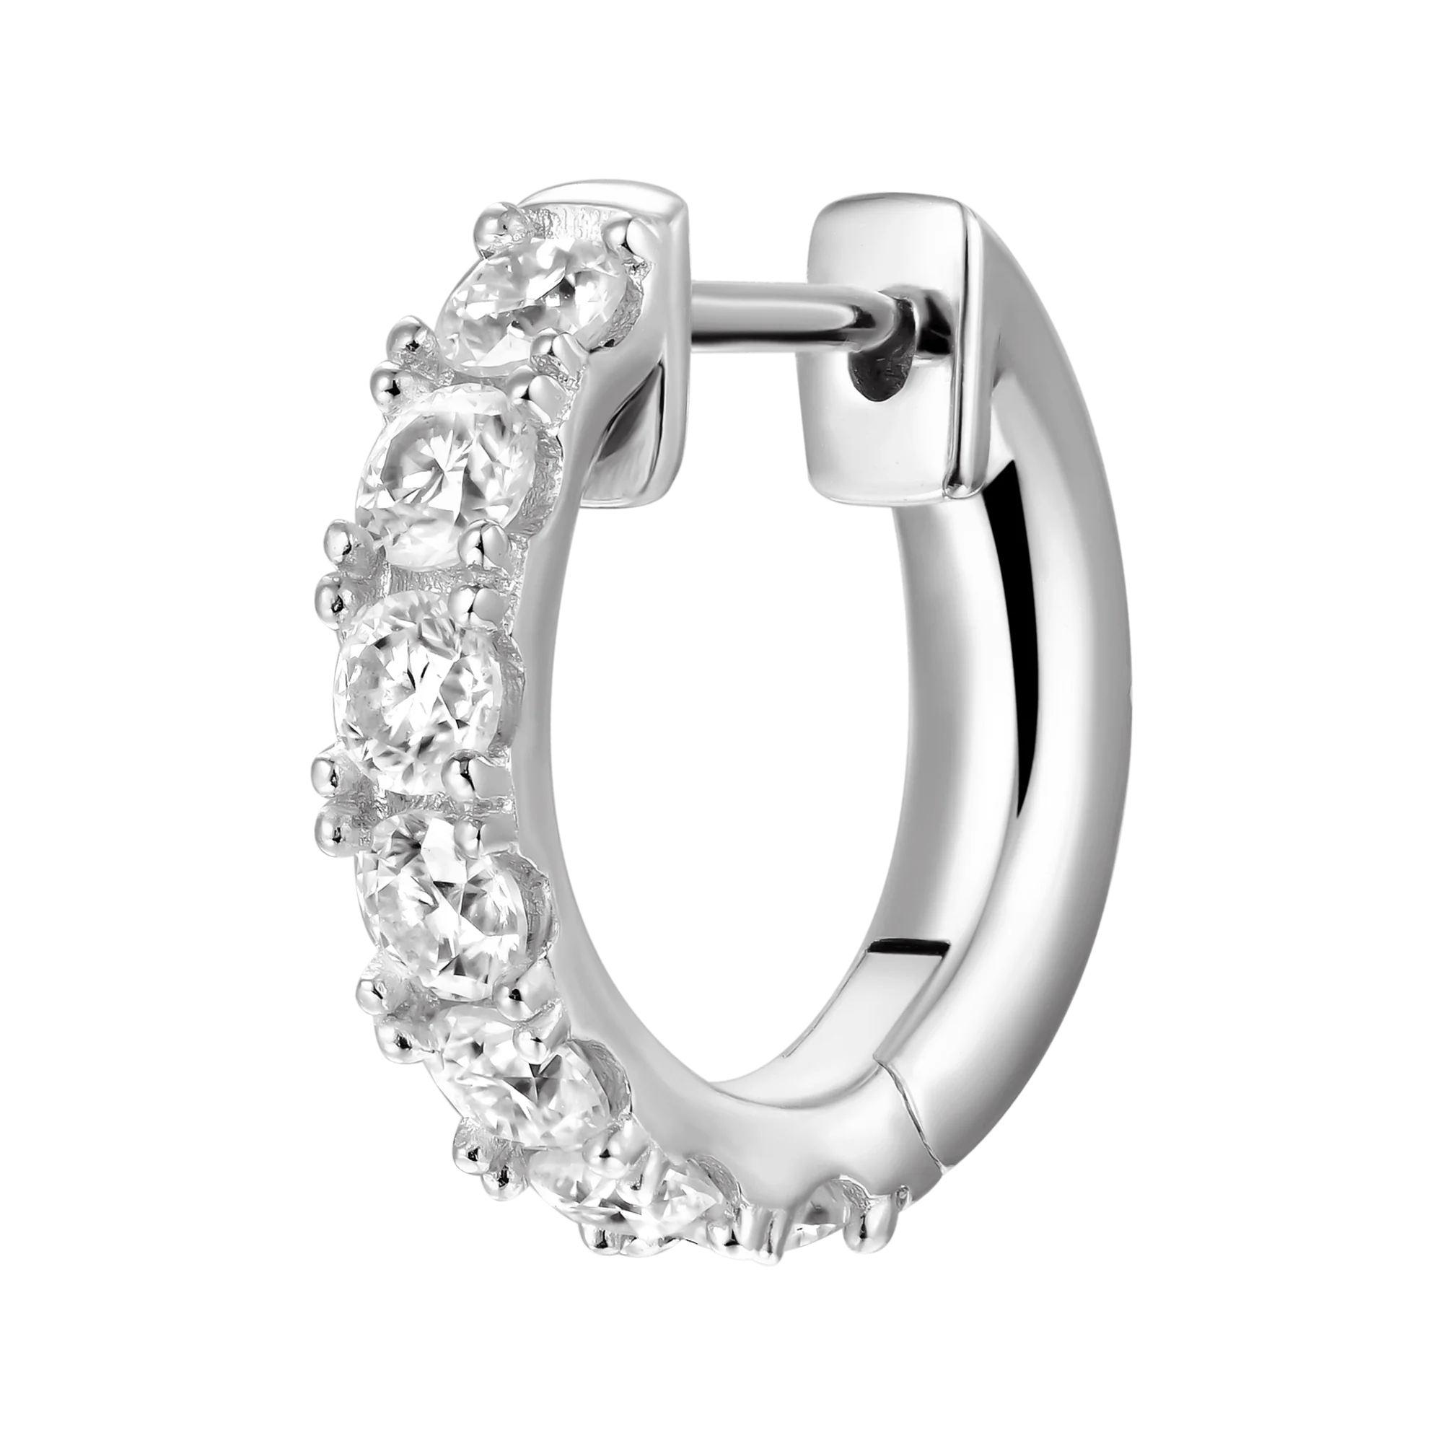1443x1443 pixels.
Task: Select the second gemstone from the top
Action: [448, 478]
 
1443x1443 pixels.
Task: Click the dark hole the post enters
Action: [882, 374]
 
